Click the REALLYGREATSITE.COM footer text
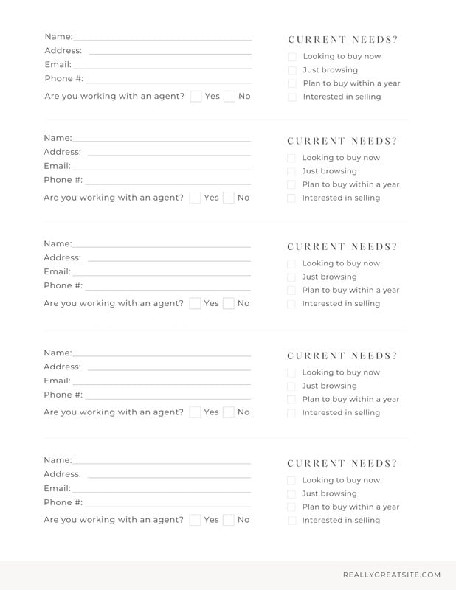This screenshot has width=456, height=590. click(391, 575)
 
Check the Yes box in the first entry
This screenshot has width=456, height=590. click(196, 96)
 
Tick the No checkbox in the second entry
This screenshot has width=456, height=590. click(229, 197)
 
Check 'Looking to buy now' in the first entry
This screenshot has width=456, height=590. click(292, 57)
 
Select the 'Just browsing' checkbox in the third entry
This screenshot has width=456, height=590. click(291, 277)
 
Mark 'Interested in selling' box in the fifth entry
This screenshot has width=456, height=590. click(291, 521)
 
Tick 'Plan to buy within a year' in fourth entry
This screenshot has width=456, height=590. click(291, 400)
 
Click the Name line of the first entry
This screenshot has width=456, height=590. click(162, 38)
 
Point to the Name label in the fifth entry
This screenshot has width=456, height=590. click(58, 460)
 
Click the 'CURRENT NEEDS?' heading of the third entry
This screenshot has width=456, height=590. click(342, 247)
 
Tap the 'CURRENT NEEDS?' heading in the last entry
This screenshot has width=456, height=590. click(342, 464)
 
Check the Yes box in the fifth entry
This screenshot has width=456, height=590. click(195, 520)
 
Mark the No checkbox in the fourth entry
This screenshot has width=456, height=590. click(229, 412)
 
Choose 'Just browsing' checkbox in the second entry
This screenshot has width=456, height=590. click(291, 172)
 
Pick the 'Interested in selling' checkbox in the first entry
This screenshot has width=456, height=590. click(292, 97)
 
